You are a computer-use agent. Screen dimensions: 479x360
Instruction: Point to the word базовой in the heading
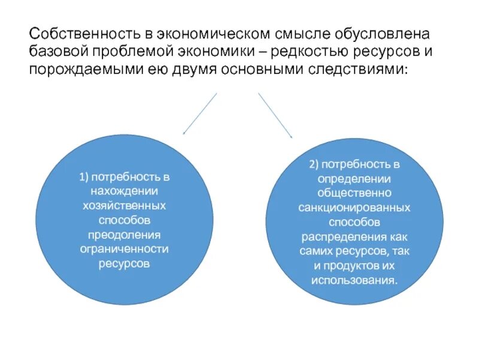pos(59,51)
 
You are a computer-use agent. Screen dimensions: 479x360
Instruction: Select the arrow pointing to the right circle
pos(275,115)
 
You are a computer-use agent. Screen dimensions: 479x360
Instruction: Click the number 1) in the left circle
pos(83,177)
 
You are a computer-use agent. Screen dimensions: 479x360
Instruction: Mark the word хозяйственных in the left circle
pos(124,206)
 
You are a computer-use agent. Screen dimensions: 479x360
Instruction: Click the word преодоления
pos(124,235)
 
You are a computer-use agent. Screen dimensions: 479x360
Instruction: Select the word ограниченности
pos(124,249)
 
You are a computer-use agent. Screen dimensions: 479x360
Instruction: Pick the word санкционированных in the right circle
pos(354,208)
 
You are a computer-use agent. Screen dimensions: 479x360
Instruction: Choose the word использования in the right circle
pos(354,280)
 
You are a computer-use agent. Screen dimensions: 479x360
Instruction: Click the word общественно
pos(354,193)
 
